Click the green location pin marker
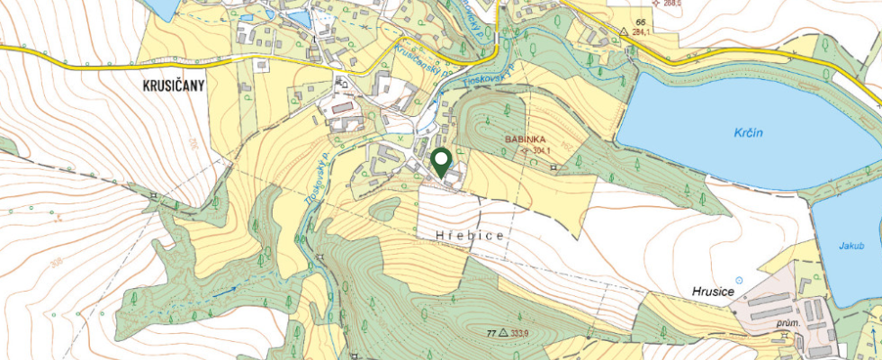click(441, 163)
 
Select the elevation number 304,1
click(540, 151)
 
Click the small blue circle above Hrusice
click(740, 280)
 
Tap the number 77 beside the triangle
click(491, 333)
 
